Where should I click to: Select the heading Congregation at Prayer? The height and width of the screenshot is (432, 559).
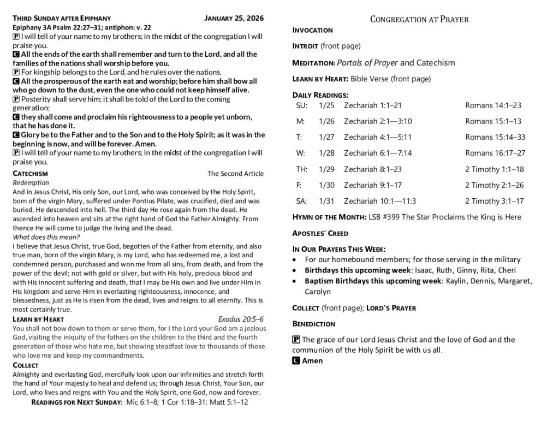point(419,19)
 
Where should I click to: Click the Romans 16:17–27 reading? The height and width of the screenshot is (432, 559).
point(495,152)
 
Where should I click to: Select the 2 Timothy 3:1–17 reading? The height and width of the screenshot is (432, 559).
point(494,200)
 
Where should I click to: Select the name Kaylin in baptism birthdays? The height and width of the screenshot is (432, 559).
point(457,281)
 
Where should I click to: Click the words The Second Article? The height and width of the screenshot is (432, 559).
point(235,174)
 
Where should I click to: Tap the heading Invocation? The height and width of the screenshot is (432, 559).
point(313,29)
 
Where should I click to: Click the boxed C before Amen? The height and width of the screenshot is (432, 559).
point(295,360)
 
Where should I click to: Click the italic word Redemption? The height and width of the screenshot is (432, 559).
point(31,182)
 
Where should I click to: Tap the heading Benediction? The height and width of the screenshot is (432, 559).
point(314,323)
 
